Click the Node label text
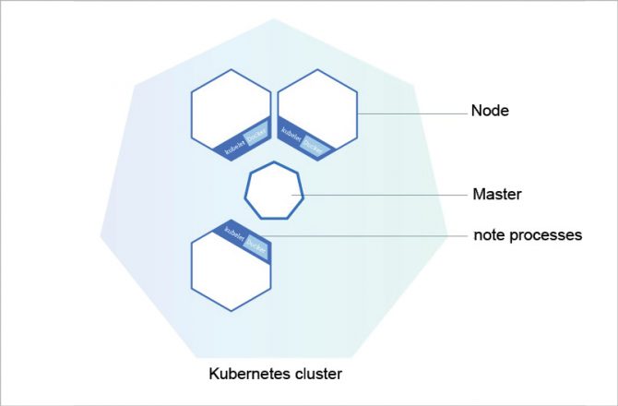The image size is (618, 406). tap(492, 111)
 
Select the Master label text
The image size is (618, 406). tap(498, 195)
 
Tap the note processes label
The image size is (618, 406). tap(528, 235)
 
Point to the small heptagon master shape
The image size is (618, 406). tap(274, 191)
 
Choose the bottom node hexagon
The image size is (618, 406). tap(231, 272)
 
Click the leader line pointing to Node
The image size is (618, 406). tap(410, 113)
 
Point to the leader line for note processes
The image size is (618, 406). tap(369, 236)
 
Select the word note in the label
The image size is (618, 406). tap(488, 235)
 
